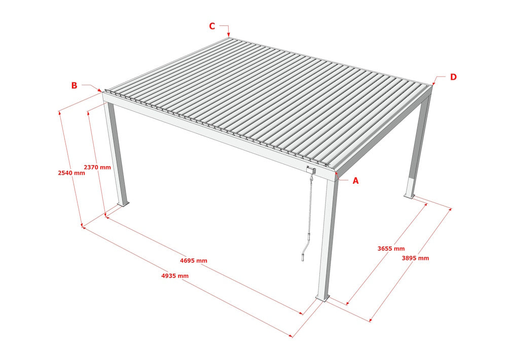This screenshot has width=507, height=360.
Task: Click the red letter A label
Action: (x=355, y=181)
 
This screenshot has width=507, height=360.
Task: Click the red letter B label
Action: (x=74, y=85)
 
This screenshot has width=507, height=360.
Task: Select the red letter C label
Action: (x=212, y=26)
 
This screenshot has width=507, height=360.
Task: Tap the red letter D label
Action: (x=453, y=77)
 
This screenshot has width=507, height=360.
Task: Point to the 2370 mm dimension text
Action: (x=97, y=167)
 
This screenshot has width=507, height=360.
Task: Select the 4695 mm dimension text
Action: (x=194, y=261)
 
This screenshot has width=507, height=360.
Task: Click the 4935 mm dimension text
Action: (x=175, y=276)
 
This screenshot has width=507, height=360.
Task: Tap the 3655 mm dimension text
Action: (x=391, y=248)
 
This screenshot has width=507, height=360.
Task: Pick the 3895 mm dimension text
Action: (x=415, y=258)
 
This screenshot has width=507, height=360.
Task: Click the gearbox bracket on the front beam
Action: (x=311, y=170)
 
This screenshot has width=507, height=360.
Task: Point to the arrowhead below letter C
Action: (x=229, y=34)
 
